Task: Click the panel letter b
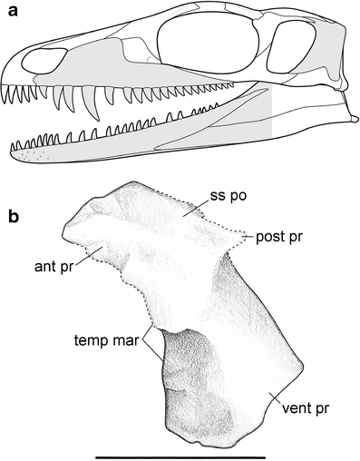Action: [10, 217]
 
